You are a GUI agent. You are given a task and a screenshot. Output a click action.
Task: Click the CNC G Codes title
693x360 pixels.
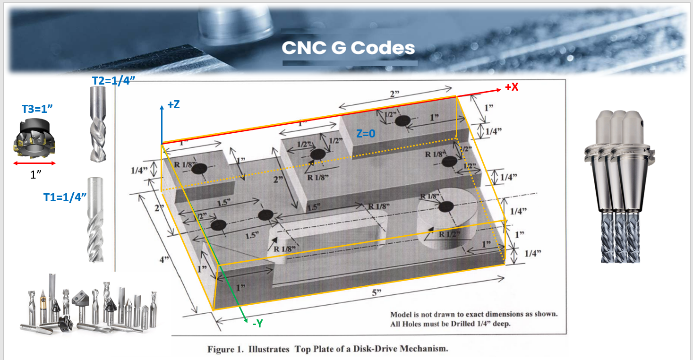[348, 48]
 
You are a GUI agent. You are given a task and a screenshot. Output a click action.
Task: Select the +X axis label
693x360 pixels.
[512, 87]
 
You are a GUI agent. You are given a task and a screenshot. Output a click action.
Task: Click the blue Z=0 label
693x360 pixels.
[366, 134]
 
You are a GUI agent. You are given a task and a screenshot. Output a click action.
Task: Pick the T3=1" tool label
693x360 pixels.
[37, 109]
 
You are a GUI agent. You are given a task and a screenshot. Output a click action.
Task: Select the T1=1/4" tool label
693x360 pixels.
[65, 197]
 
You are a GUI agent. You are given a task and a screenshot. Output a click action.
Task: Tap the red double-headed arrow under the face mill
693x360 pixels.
[34, 163]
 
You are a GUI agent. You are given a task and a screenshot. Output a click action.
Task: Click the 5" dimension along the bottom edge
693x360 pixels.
[376, 293]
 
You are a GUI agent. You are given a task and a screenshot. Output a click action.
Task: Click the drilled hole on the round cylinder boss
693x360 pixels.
[445, 206]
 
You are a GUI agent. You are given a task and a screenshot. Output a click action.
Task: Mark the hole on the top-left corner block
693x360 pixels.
[200, 169]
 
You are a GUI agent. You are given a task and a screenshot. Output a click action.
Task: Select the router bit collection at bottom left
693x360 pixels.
[90, 305]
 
